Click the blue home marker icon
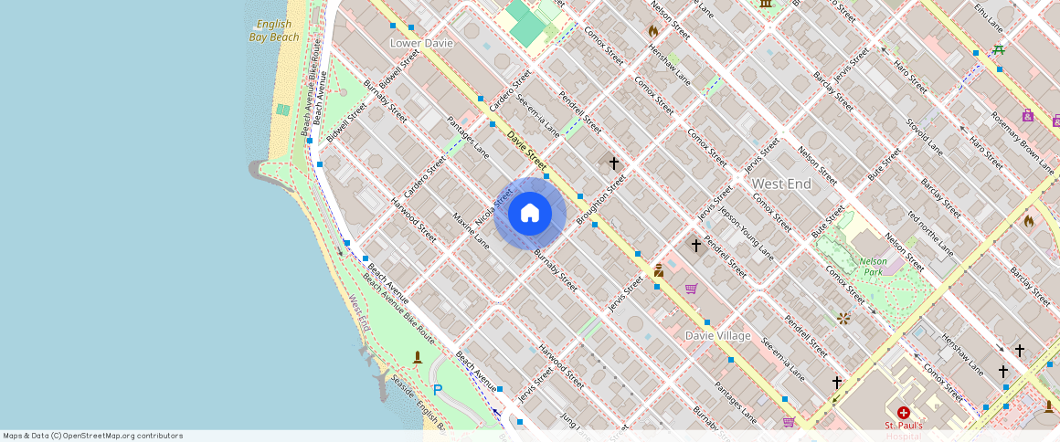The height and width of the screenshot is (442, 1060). tap(530, 214)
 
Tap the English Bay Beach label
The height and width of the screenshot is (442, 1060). tap(274, 31)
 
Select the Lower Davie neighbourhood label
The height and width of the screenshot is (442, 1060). tap(421, 43)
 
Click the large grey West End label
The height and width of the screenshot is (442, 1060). tap(781, 184)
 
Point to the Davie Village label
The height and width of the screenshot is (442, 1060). tap(717, 336)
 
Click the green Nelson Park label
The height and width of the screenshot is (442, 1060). tap(873, 266)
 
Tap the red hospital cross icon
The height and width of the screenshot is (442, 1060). tap(904, 413)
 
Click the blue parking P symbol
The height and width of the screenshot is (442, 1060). tap(438, 390)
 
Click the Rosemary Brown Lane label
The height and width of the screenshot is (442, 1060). tap(1022, 142)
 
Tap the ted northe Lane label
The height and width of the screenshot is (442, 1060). tap(930, 233)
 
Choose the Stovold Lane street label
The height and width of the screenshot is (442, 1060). tap(923, 135)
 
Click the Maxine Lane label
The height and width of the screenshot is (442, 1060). tap(472, 230)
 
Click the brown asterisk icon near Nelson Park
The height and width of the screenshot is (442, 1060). tap(843, 319)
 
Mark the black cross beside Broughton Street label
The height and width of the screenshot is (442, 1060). tap(614, 163)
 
